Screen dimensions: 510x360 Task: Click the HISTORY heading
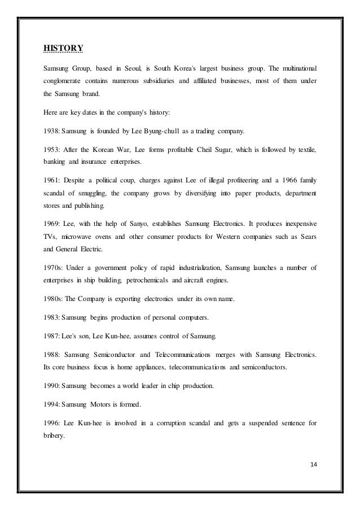click(x=63, y=47)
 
